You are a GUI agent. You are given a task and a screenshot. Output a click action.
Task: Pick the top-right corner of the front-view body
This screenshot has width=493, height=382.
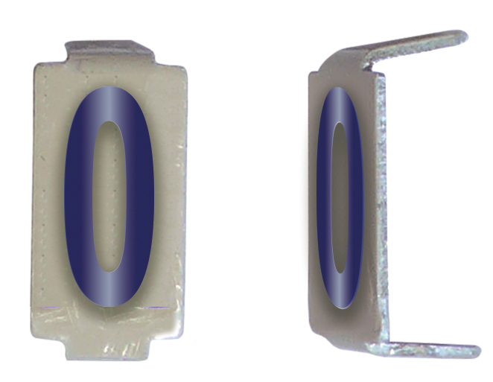pyautogui.click(x=183, y=67)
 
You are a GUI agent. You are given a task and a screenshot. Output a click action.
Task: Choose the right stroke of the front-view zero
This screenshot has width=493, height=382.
pyautogui.click(x=141, y=197)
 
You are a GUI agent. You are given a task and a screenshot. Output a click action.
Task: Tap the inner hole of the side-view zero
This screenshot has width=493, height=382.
pyautogui.click(x=340, y=197)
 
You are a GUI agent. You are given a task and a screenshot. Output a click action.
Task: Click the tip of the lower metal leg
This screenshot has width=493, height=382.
pyautogui.click(x=474, y=349)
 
